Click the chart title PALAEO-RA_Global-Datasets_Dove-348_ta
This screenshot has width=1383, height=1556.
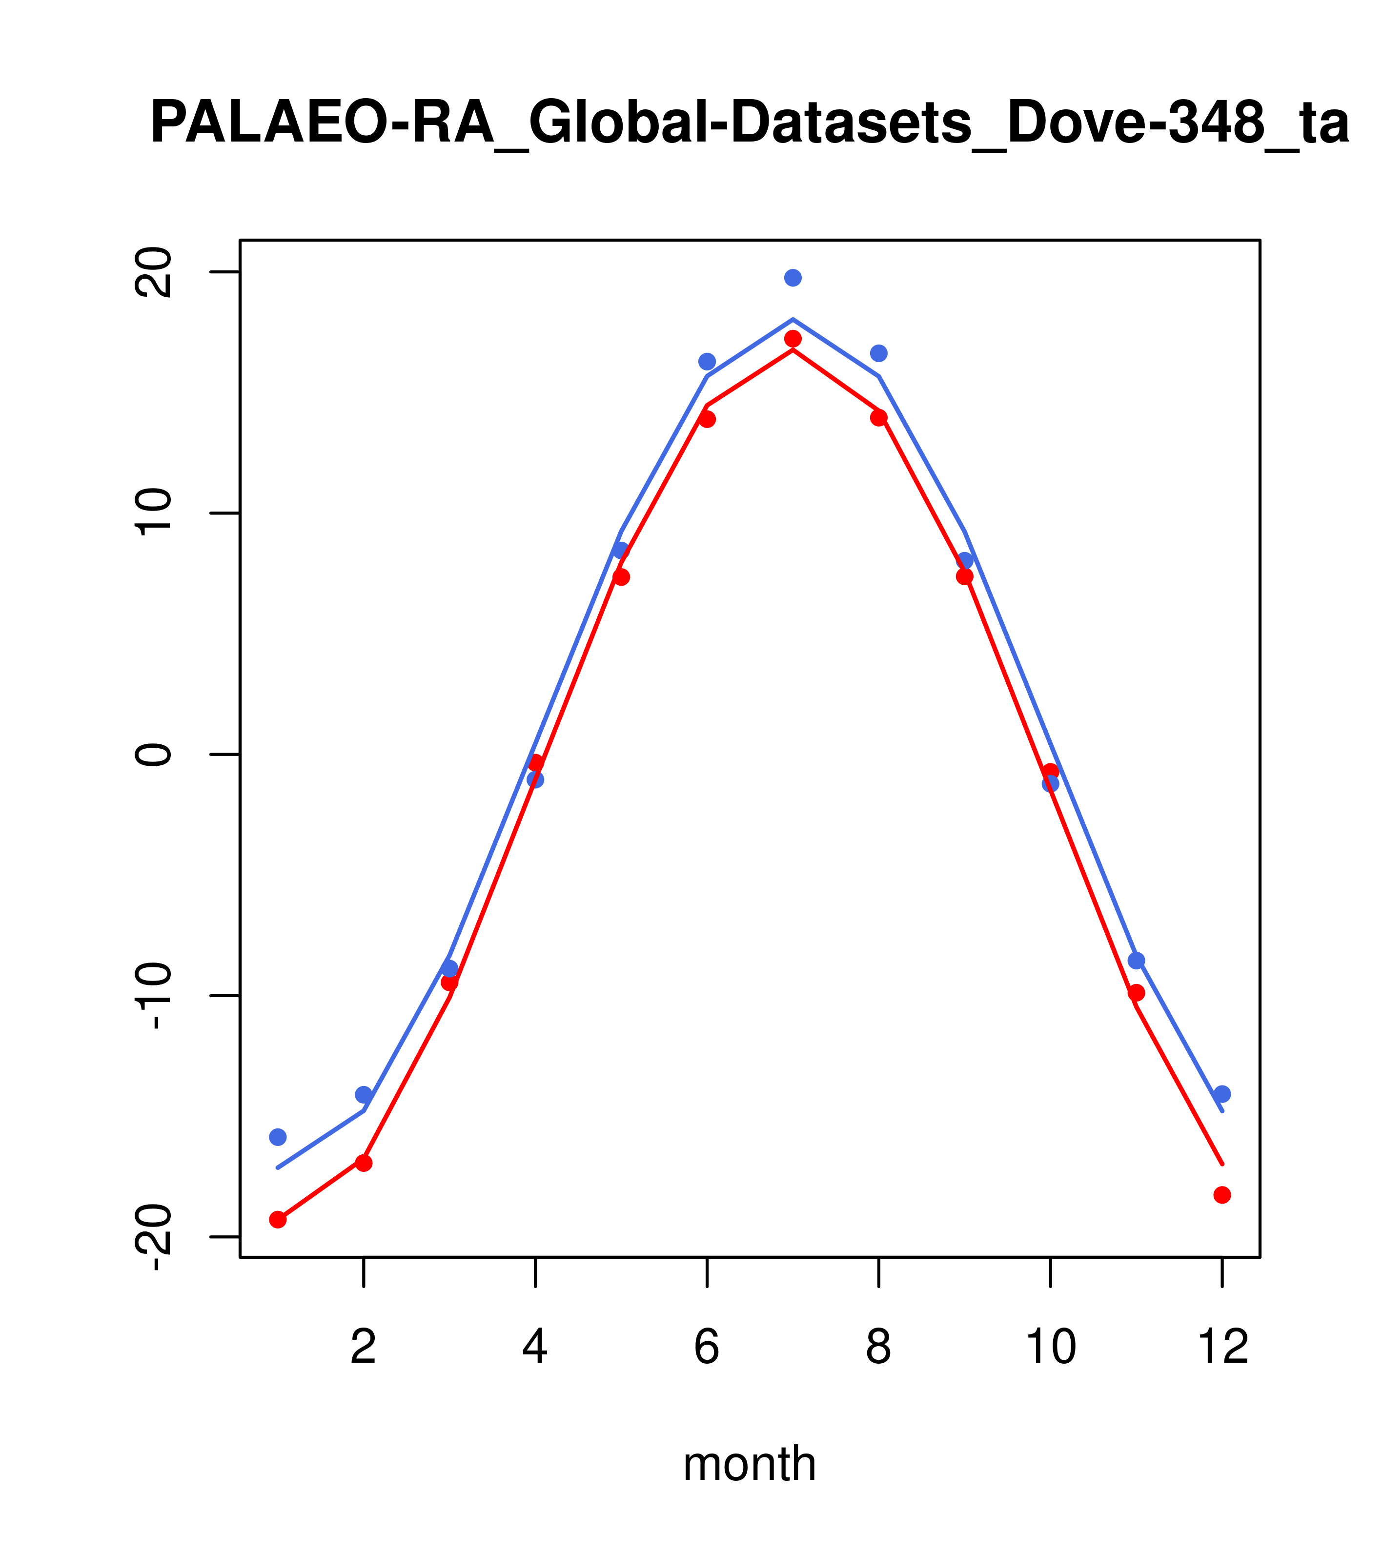[749, 123]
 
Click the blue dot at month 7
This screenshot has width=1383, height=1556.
[793, 278]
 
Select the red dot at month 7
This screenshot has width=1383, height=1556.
[793, 339]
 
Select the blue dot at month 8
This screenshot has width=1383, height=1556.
[878, 353]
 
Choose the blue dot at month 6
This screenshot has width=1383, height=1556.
[707, 362]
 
